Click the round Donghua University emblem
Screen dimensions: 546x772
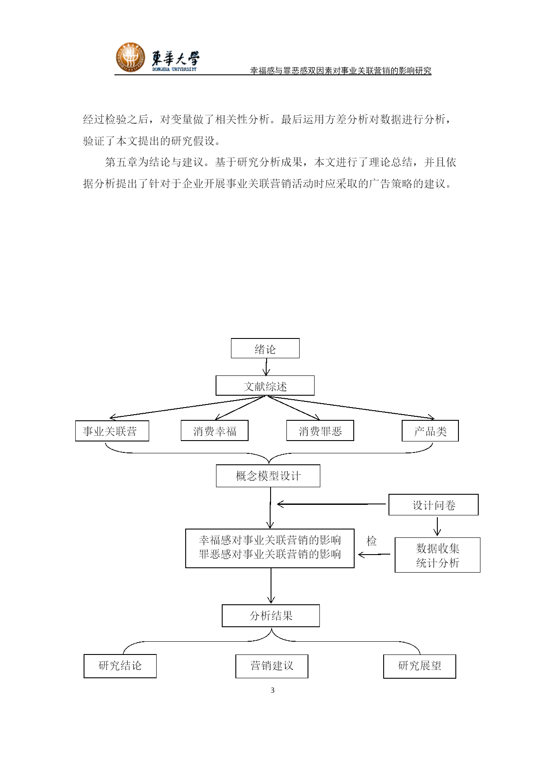130,58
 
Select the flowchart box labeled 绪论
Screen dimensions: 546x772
265,348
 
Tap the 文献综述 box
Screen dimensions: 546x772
265,386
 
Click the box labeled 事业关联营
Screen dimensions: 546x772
112,431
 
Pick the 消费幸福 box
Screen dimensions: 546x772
215,430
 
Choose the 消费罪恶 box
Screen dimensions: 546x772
320,430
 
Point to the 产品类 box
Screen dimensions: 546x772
430,431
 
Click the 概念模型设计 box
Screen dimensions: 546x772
268,476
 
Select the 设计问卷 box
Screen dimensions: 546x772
433,505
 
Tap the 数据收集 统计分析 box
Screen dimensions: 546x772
437,555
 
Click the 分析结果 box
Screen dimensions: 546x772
271,616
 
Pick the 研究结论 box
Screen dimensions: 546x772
120,666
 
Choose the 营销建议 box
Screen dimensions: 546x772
272,666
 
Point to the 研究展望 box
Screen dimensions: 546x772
420,666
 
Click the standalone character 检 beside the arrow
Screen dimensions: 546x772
372,541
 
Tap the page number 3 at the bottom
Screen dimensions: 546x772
273,690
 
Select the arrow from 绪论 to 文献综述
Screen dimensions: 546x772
266,367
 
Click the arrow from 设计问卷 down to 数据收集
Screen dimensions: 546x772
437,526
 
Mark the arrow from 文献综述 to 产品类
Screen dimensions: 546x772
351,407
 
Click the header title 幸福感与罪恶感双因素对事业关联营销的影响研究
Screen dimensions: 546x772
341,70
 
